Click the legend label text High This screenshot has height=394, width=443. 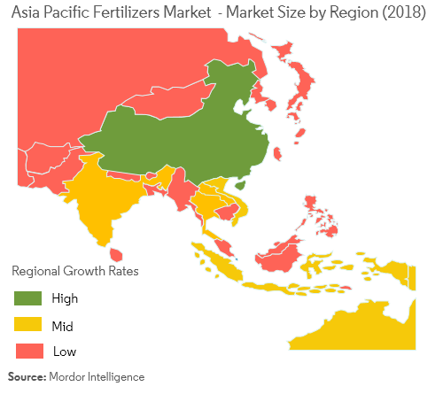pos(65,297)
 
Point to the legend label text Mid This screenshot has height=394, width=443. pos(63,324)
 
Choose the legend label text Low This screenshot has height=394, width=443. pos(64,351)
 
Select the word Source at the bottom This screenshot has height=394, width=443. pos(27,377)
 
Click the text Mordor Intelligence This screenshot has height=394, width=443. pos(97,377)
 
